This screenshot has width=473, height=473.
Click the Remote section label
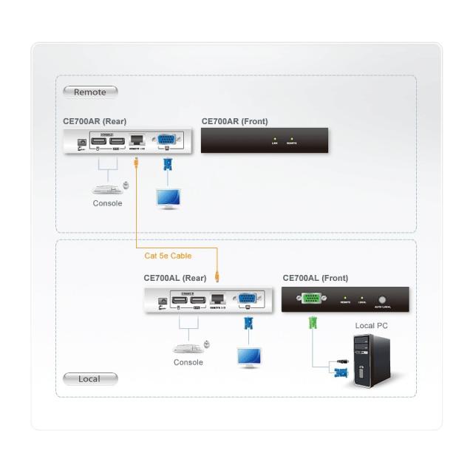pos(90,92)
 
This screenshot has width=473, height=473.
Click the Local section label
pos(89,379)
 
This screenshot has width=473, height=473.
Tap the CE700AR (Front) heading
pos(234,121)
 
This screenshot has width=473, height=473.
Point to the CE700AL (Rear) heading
pos(174,279)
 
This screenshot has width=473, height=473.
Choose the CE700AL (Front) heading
pos(315,279)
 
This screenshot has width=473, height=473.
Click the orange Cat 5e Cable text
pos(168,256)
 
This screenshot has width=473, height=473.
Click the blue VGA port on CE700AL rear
pos(247,299)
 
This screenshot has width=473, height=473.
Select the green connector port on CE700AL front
pos(312,299)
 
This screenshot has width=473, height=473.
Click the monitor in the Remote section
pos(169,198)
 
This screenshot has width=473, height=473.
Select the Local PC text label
pos(371,325)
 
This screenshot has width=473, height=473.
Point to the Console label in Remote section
pos(107,203)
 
